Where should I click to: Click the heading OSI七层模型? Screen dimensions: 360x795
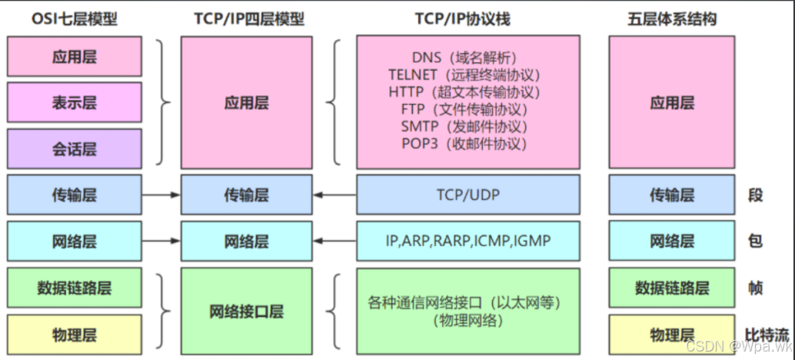point(74,17)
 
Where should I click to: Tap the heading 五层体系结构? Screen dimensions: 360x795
point(671,17)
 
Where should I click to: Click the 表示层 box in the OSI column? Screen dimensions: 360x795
point(74,102)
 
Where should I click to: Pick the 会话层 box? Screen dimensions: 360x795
point(74,148)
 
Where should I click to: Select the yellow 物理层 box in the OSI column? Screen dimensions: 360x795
point(74,335)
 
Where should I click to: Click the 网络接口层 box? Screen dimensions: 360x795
point(246,312)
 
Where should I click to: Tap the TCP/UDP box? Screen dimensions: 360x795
point(467,195)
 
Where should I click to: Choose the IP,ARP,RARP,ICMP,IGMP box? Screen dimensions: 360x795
point(467,241)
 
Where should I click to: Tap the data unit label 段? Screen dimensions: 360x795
point(755,195)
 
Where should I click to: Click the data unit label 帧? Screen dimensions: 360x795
point(755,288)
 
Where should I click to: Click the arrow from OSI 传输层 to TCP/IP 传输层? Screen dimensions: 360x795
point(161,195)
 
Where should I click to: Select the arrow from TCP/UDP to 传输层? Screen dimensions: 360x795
point(334,195)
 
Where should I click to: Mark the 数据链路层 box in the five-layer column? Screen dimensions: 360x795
point(671,288)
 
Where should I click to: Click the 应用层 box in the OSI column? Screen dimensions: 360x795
point(74,57)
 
